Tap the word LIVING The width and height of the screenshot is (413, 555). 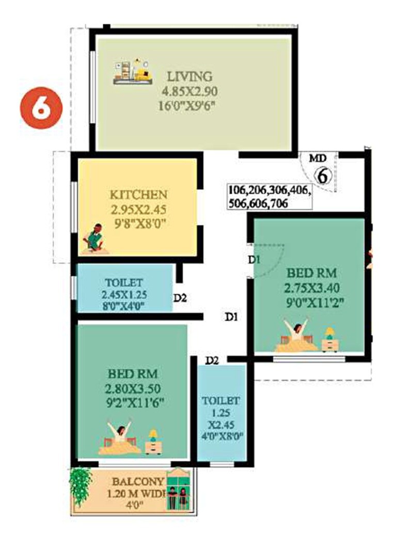[x=189, y=77]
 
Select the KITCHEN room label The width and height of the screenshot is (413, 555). [x=138, y=195]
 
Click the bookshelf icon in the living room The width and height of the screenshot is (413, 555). [x=134, y=72]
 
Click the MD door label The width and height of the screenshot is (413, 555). [x=314, y=159]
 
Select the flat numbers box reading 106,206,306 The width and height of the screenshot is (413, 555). [x=268, y=196]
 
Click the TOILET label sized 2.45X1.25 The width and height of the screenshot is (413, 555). [x=123, y=283]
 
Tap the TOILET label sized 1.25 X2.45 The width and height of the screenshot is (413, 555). [x=221, y=400]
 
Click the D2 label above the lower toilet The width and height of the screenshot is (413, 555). [x=212, y=360]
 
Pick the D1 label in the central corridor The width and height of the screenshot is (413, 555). [x=231, y=317]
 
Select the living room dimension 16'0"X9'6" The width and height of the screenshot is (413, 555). [x=188, y=107]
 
